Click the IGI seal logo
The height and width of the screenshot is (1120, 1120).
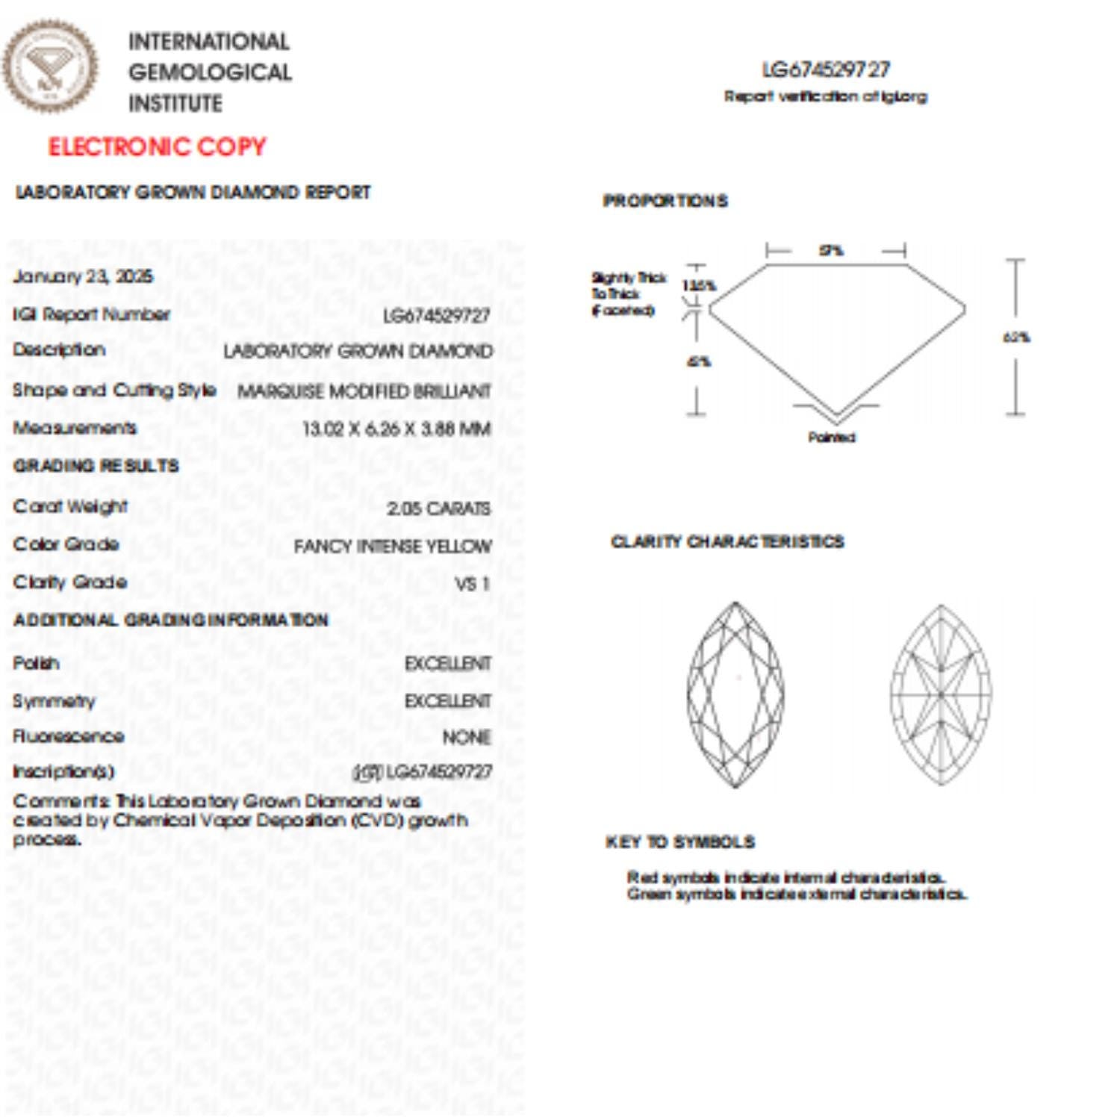click(49, 67)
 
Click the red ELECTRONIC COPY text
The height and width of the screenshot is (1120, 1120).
click(157, 146)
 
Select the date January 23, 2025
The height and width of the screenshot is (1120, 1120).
click(83, 276)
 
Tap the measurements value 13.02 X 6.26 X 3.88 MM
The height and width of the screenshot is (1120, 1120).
click(396, 429)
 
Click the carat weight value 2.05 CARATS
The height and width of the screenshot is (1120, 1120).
click(438, 508)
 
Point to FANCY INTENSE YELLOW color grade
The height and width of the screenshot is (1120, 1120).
click(393, 547)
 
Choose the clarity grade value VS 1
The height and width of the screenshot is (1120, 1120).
click(473, 584)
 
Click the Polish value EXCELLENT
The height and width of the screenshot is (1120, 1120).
click(447, 664)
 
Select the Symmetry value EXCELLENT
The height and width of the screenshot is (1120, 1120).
click(447, 701)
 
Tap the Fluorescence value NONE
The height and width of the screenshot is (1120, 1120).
click(466, 738)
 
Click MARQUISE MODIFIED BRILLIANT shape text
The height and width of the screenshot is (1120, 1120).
click(364, 391)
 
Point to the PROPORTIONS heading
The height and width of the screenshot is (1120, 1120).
click(665, 201)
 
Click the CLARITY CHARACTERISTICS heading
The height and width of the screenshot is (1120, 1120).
click(727, 541)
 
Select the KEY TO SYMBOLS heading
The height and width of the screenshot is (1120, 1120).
click(679, 842)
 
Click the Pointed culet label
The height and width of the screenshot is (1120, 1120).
click(831, 438)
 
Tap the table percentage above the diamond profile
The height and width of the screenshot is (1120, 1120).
click(831, 251)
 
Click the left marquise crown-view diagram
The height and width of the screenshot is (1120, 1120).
click(735, 694)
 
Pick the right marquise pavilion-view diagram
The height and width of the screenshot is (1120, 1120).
click(941, 694)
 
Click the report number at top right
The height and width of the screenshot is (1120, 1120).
click(826, 70)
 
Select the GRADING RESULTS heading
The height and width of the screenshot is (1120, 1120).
click(96, 466)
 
